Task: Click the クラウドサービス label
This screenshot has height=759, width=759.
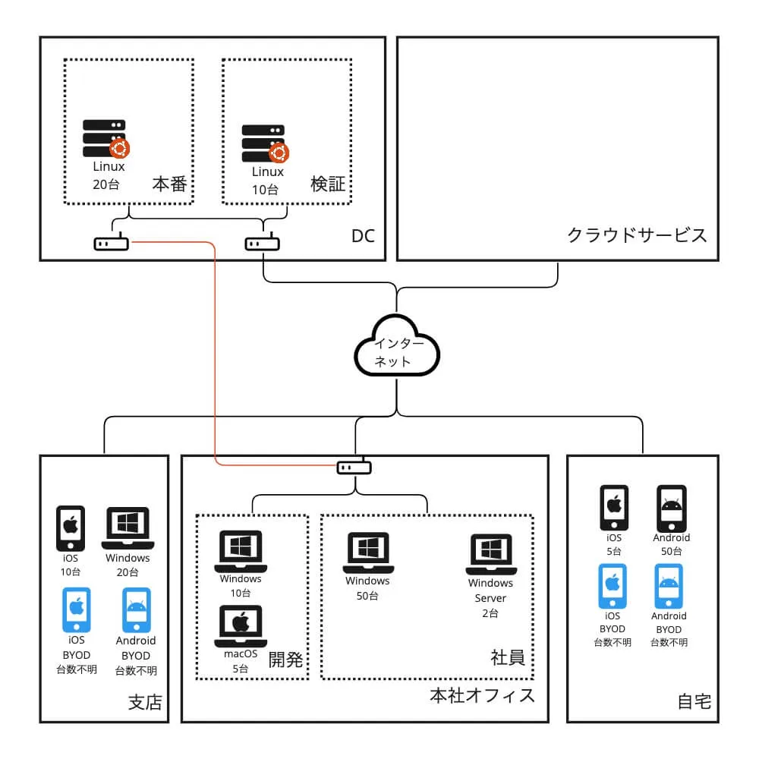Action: click(x=637, y=235)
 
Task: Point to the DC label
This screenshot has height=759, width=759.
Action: click(x=363, y=236)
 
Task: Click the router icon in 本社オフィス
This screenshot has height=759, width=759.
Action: click(x=354, y=467)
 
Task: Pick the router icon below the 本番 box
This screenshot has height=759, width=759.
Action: click(x=111, y=244)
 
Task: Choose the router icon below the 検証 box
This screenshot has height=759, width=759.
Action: click(x=263, y=244)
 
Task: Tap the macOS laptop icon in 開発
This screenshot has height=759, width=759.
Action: click(x=241, y=625)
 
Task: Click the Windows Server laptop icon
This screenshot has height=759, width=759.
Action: click(x=491, y=555)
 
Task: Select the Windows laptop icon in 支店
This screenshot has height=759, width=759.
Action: click(x=128, y=528)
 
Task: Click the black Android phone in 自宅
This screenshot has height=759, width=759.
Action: click(x=671, y=508)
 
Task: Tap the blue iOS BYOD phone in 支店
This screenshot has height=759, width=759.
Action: click(x=76, y=609)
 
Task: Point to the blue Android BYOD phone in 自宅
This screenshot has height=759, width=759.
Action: click(x=669, y=586)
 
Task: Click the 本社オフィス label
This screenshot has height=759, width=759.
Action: click(x=482, y=695)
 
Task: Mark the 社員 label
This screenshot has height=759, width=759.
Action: click(x=508, y=658)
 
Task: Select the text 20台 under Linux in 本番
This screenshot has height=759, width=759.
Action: click(x=106, y=184)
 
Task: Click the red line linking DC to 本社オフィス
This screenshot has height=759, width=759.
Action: click(x=215, y=349)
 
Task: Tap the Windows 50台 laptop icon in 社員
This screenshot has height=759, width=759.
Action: click(x=368, y=553)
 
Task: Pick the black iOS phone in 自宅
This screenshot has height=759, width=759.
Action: click(x=613, y=508)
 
